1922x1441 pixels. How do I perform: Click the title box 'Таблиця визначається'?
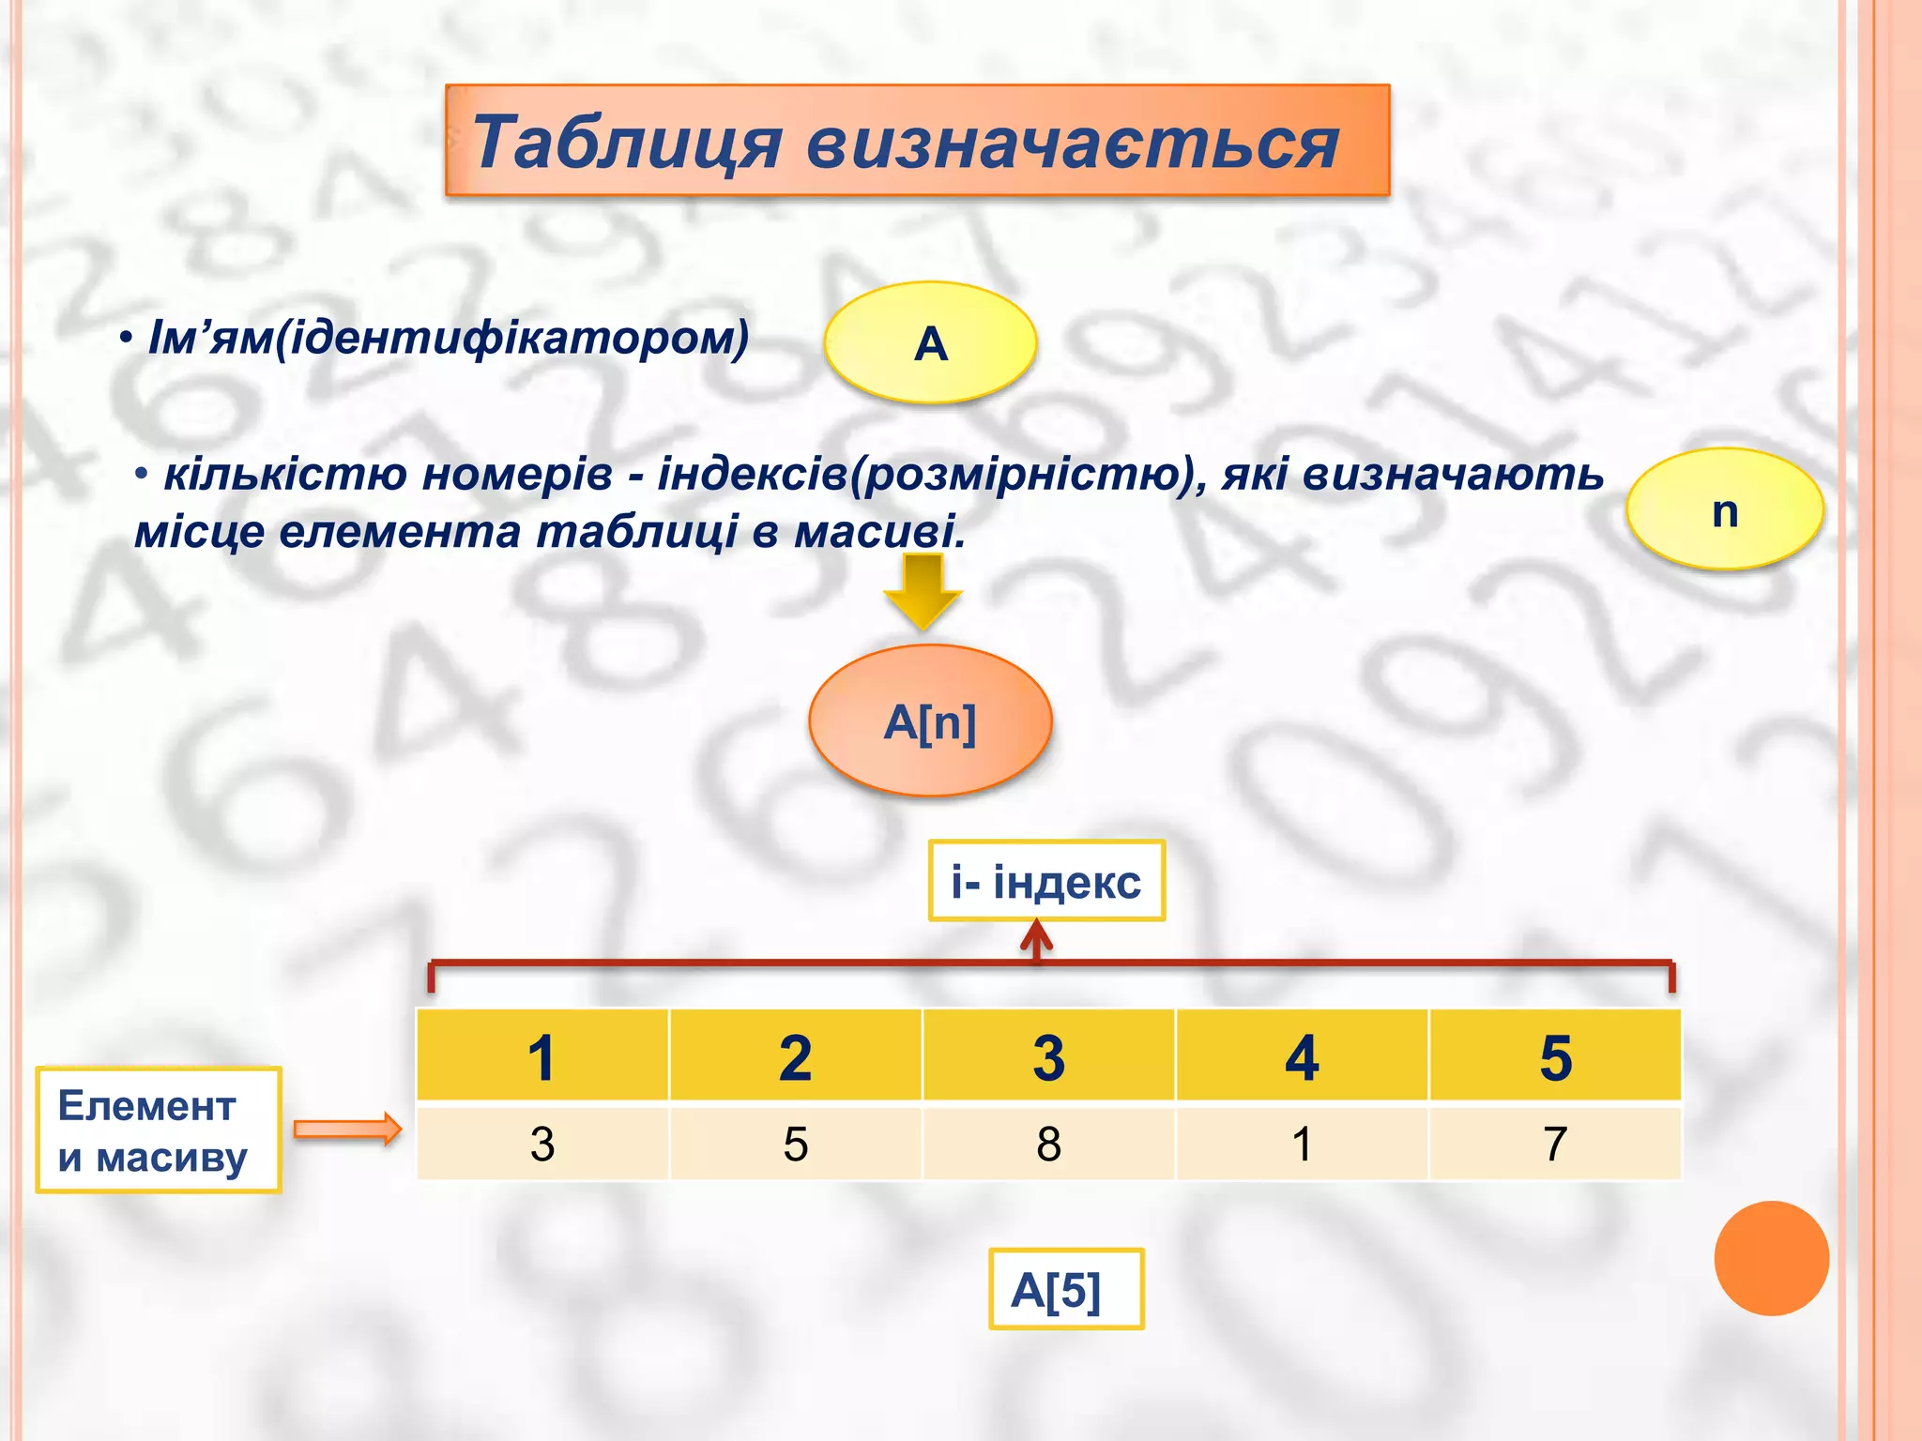(917, 141)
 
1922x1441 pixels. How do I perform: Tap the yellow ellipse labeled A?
(930, 342)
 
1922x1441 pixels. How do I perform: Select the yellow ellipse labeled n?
(1724, 509)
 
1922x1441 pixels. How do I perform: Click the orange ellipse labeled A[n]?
(930, 721)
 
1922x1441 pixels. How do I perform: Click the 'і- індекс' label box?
(1045, 881)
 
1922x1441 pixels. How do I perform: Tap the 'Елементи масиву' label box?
(158, 1130)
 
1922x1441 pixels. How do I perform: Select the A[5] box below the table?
(1065, 1289)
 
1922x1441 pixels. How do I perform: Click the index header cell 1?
(542, 1056)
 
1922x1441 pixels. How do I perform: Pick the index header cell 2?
(796, 1056)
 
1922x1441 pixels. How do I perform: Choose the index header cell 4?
(1302, 1056)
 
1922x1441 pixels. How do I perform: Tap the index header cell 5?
(1555, 1056)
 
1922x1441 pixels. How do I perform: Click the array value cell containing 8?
(1048, 1144)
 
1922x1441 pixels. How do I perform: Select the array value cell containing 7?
(1555, 1144)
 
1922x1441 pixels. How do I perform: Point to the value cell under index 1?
(542, 1144)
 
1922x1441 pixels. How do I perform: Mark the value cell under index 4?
(1302, 1144)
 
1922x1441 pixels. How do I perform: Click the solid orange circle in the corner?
(1771, 1258)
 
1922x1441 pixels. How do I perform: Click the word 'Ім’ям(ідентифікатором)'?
(449, 338)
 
